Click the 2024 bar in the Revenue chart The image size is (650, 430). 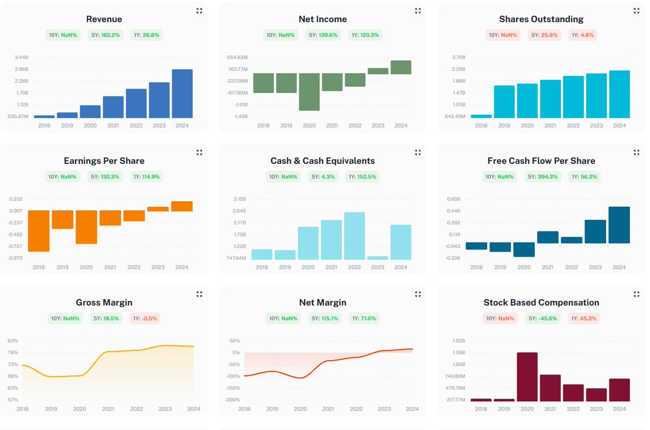click(182, 94)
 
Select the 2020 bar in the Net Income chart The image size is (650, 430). click(309, 92)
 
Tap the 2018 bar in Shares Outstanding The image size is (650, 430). click(481, 116)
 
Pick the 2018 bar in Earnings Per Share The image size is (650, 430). click(38, 231)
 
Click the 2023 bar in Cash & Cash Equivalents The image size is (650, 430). click(378, 258)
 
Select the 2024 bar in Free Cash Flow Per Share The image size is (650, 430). click(619, 225)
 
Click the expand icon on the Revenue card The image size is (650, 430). click(199, 11)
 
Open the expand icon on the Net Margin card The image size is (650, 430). click(418, 294)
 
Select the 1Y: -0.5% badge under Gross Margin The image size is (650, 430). click(145, 318)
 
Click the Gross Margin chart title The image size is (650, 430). click(104, 302)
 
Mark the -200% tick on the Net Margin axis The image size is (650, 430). click(233, 400)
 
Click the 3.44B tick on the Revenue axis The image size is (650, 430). click(21, 57)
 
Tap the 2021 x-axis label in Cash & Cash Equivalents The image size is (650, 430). click(331, 267)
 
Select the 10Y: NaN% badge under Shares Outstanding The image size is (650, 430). click(502, 35)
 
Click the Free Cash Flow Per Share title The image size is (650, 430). click(541, 161)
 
